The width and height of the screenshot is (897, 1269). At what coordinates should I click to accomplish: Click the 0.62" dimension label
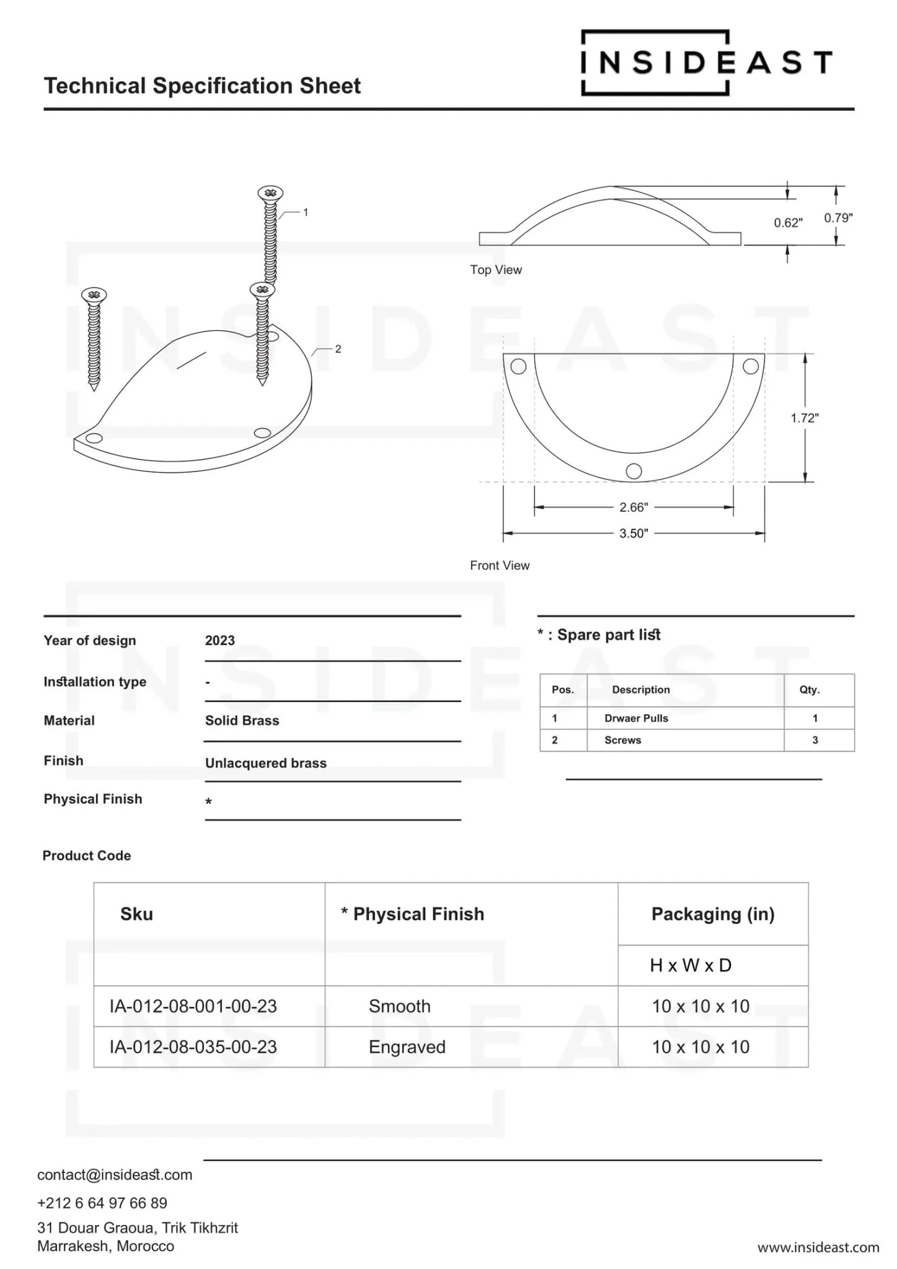tap(788, 223)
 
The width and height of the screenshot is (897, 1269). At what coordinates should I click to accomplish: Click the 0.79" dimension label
tap(838, 218)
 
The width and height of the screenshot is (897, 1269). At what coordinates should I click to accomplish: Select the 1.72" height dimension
tap(804, 418)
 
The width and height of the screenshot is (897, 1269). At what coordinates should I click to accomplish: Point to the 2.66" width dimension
tap(634, 507)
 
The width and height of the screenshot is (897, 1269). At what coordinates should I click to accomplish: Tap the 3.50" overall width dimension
tap(634, 534)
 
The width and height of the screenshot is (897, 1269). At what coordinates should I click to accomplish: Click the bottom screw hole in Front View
tap(634, 471)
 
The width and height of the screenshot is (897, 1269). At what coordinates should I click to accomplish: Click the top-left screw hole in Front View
tap(518, 367)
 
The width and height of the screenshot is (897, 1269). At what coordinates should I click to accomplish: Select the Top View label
tap(496, 270)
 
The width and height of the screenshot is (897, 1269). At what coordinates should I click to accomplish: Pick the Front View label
tap(500, 566)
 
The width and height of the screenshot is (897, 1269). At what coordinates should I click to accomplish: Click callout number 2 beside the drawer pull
tap(338, 349)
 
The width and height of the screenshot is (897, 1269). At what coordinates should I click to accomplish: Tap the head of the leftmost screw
tap(94, 295)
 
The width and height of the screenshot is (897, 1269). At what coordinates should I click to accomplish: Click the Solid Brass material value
tap(242, 721)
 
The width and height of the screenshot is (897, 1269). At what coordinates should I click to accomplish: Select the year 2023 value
tap(220, 641)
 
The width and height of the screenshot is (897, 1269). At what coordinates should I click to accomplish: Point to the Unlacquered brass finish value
tap(266, 763)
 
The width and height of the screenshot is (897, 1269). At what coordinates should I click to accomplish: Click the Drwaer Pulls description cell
tap(636, 719)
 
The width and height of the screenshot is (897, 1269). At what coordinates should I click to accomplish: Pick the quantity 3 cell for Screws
tap(815, 740)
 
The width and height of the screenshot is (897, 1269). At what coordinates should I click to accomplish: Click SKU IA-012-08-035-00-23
tap(193, 1047)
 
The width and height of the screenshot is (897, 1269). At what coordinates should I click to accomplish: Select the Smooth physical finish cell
tap(399, 1006)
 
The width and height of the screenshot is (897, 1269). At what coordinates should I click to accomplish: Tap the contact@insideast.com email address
tap(115, 1175)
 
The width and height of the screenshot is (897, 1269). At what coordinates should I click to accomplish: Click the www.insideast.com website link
tap(818, 1247)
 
